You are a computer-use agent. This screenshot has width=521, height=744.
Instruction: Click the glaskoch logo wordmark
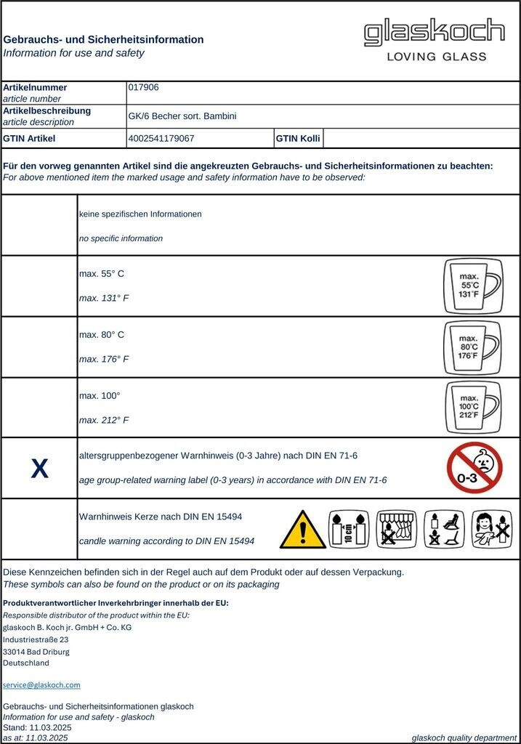pos(434,33)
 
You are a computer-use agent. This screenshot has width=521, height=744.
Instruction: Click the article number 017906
pos(143,87)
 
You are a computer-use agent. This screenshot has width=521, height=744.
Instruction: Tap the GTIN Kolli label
pos(298,138)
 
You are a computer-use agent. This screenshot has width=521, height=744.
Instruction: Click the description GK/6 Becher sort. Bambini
pos(182,116)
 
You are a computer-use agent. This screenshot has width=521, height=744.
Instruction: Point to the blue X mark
pos(39,469)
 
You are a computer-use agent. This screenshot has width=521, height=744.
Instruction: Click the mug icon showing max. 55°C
pos(472,286)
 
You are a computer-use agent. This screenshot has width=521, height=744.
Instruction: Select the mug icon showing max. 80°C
pos(472,347)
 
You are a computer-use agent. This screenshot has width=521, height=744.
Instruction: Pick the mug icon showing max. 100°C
pos(472,408)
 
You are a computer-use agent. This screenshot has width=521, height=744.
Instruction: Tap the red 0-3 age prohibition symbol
pos(474,467)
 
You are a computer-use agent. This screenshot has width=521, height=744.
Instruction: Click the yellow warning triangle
pos(302,529)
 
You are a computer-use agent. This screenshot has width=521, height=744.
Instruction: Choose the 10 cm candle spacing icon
pos(349,529)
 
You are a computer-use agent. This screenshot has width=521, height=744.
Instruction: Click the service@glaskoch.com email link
pos(41,684)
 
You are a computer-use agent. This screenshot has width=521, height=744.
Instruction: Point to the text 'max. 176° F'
pos(104,359)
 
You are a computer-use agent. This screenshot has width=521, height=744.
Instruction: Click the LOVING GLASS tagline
pos(436,57)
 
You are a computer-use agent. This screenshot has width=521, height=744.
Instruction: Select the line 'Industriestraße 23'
pos(36,639)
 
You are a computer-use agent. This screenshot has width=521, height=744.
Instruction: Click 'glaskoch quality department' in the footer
pos(464,737)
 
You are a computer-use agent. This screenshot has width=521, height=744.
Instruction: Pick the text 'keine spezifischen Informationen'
pos(140,214)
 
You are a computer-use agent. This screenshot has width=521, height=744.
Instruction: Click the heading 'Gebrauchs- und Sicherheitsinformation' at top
pos(103,39)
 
